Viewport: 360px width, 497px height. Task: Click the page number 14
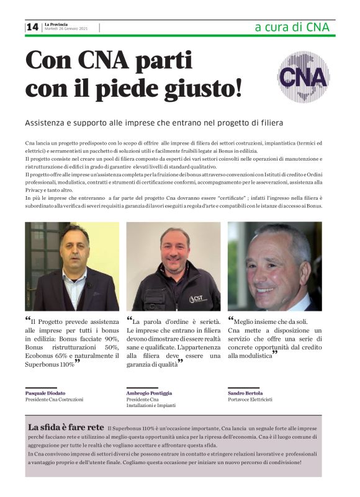[x=32, y=27]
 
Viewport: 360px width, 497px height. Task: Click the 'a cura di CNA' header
[x=292, y=27]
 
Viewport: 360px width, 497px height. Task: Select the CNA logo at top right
[x=302, y=76]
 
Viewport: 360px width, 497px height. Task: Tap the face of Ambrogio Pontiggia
[x=175, y=251]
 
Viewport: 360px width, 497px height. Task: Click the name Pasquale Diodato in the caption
[x=45, y=393]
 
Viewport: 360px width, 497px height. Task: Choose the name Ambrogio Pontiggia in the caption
[x=149, y=393]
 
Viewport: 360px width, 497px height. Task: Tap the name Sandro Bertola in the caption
[x=245, y=393]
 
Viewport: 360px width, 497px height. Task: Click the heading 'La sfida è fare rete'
[x=66, y=428]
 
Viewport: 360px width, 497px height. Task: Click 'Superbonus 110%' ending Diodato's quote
[x=50, y=364]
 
